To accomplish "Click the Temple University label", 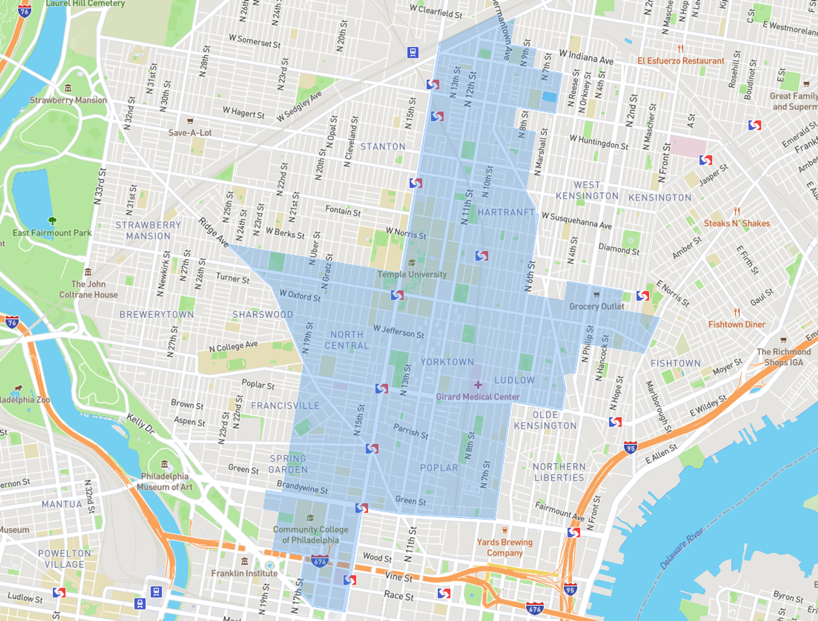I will coord(412,274).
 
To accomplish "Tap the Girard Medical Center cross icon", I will coord(478,385).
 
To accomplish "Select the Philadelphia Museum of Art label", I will coord(164,482).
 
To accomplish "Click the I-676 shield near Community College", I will coord(320,561).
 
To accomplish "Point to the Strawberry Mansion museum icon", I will coord(68,88).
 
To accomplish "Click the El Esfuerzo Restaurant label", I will coord(680,61).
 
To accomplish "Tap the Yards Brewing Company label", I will coord(504,548).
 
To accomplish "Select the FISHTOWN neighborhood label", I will coord(675,364).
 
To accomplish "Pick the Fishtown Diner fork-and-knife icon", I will coord(737,312).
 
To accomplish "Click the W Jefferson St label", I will coord(398,332).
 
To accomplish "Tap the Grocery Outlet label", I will coord(596,306).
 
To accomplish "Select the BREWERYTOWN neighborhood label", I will coord(156,315).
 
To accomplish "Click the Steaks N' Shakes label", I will coord(737,223).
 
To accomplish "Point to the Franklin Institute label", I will coord(244,573).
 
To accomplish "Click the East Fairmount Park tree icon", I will coord(52,221).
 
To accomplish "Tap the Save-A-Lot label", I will coord(190,133).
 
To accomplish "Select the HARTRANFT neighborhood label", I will coord(506,212).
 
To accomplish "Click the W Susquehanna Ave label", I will coord(576,221).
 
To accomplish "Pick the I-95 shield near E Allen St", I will coord(631,448).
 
